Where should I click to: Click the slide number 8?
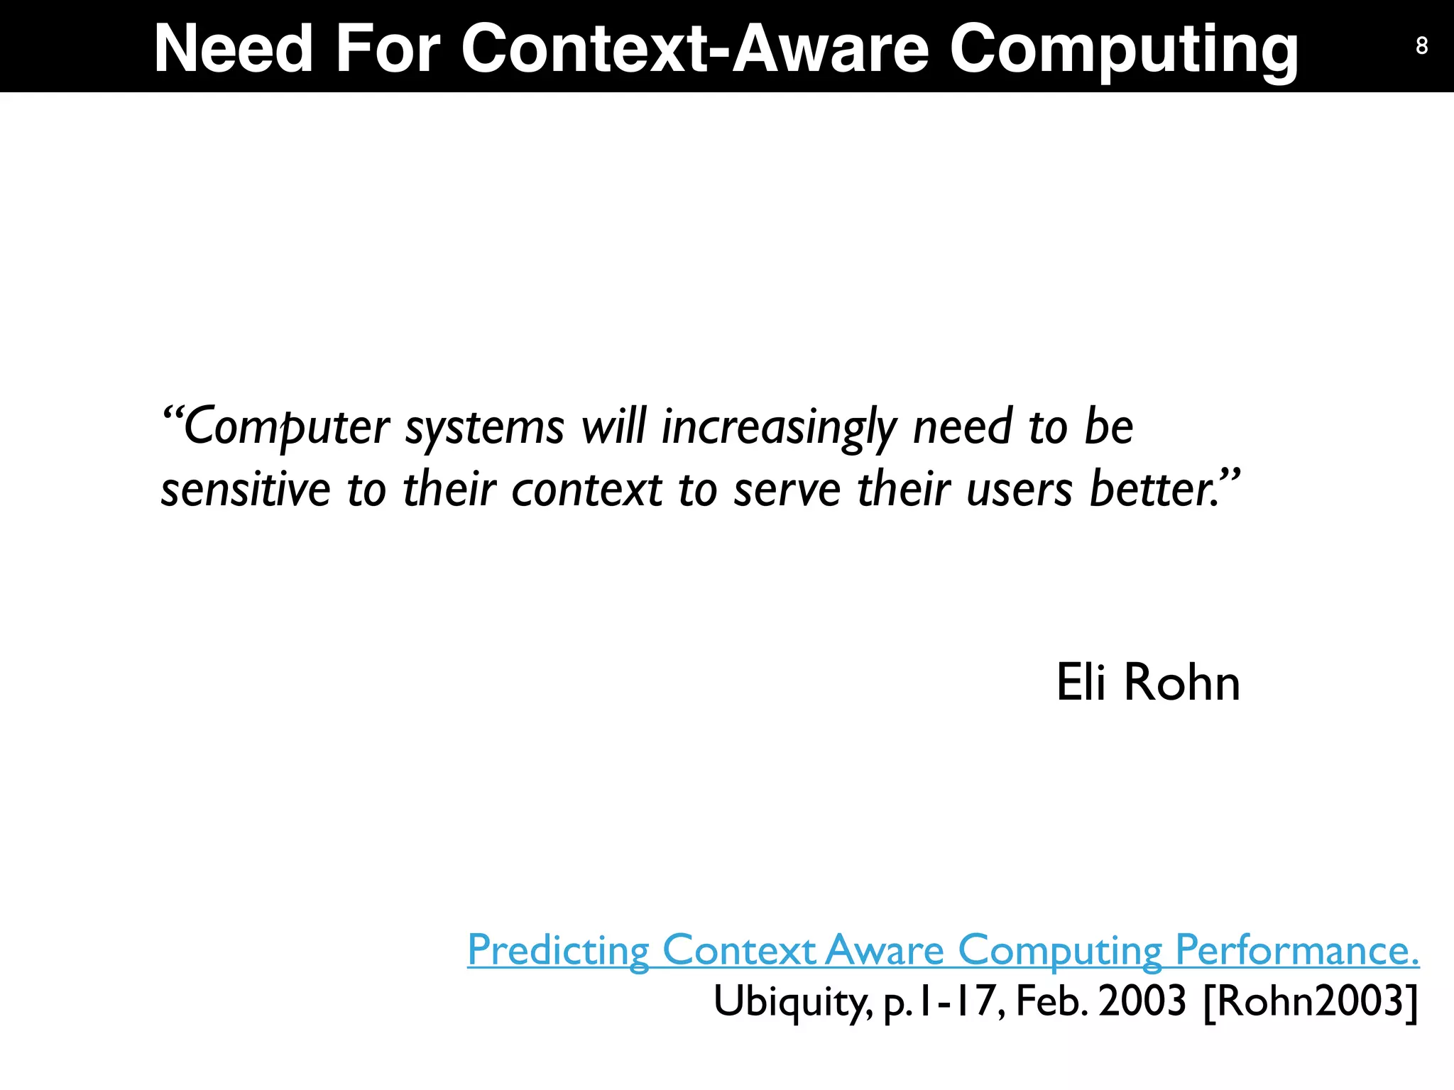pyautogui.click(x=1421, y=45)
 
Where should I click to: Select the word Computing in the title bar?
pyautogui.click(x=1124, y=50)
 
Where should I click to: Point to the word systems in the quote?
pyautogui.click(x=484, y=427)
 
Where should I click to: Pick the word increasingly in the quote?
pyautogui.click(x=779, y=427)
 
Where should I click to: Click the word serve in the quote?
pyautogui.click(x=787, y=490)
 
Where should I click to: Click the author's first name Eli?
pyautogui.click(x=1081, y=682)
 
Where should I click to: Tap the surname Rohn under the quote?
pyautogui.click(x=1182, y=682)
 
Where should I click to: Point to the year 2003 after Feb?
pyautogui.click(x=1142, y=1001)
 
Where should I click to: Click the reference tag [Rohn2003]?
pyautogui.click(x=1311, y=1001)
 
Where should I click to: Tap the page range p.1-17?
pyautogui.click(x=943, y=1001)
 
